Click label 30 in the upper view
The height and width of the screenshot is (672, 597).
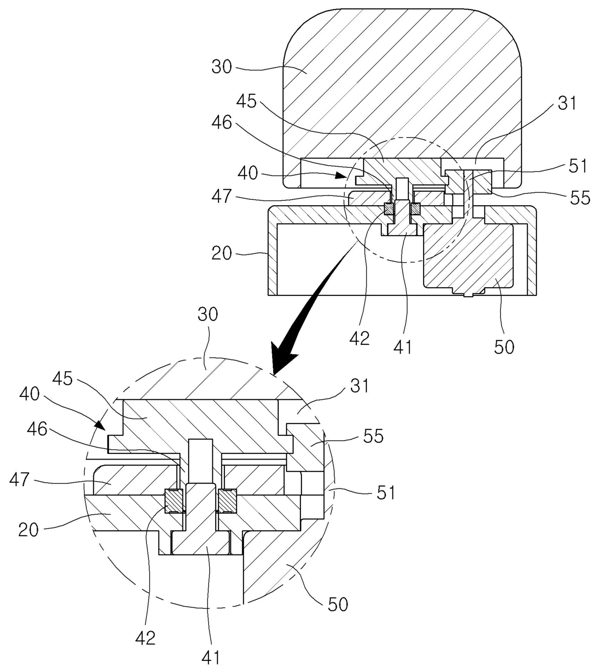[x=222, y=67]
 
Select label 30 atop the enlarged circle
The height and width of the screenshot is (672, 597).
[x=208, y=314]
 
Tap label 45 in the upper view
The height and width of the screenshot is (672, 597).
[x=247, y=101]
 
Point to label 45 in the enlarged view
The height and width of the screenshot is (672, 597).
[x=62, y=379]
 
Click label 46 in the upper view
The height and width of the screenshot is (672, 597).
[x=222, y=123]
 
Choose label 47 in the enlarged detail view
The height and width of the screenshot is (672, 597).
[x=19, y=480]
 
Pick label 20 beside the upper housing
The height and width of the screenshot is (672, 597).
[x=222, y=253]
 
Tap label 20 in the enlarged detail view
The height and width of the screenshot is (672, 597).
[x=28, y=530]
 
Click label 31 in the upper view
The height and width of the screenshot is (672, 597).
[x=567, y=104]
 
